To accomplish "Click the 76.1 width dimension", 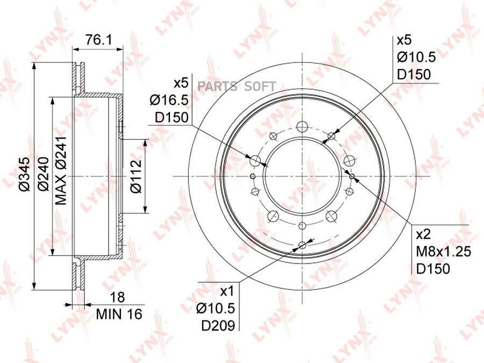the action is [x=98, y=40].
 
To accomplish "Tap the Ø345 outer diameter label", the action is [x=24, y=174].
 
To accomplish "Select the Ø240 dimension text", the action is [x=43, y=174].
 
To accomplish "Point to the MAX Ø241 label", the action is [x=61, y=170].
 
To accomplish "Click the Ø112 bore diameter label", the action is [x=136, y=176].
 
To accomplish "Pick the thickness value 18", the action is [x=118, y=297].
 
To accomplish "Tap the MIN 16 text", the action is [x=119, y=314].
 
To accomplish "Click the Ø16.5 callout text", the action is [x=169, y=100].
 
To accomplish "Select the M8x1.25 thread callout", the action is [x=444, y=252].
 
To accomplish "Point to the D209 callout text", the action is [x=218, y=325].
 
